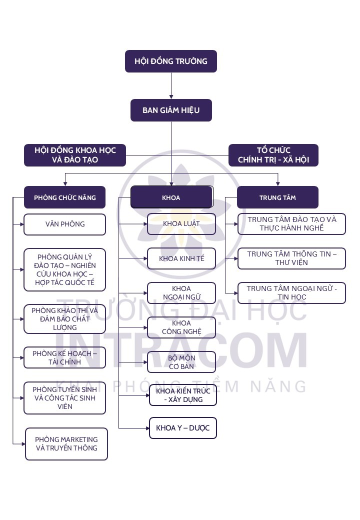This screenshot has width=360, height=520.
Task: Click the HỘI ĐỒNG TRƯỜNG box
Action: tap(170, 61)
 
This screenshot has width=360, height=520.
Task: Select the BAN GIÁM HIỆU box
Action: tap(171, 110)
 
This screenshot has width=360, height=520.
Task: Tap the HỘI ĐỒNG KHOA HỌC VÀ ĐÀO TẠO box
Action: tap(74, 155)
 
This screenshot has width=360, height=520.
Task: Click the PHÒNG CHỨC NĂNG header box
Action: tap(64, 197)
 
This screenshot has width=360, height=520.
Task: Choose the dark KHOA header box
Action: tap(171, 197)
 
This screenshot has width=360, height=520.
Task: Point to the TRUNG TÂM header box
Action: tap(277, 197)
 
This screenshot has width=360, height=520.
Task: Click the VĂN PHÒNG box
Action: tap(64, 224)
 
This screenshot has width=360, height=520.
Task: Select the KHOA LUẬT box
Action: tap(181, 223)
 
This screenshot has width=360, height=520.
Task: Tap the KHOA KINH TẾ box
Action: tap(181, 258)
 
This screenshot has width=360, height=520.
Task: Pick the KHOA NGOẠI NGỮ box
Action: tap(181, 293)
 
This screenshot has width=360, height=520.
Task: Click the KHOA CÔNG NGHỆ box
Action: tap(181, 327)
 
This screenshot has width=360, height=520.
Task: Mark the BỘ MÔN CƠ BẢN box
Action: tap(181, 362)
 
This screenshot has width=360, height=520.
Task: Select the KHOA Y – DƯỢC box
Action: tap(183, 428)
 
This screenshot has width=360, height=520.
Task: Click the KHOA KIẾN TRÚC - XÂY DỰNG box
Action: tap(183, 395)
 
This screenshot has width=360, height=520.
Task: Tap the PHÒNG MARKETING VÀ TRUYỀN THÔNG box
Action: tap(66, 443)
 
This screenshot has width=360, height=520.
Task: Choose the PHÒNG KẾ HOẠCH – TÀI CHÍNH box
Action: tap(64, 357)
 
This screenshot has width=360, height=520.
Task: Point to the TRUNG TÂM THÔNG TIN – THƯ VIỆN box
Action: tap(291, 258)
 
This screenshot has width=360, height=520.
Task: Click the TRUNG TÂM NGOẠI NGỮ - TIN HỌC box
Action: tap(291, 292)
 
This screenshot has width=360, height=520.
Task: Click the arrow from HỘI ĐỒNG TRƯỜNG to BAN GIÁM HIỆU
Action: tap(171, 86)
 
